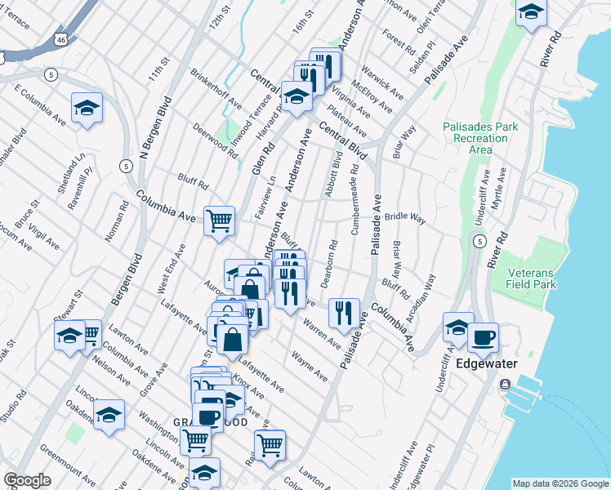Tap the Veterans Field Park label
pos(531,278)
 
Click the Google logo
pos(27,480)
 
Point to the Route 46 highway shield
pos(62,38)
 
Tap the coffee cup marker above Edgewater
pos(483,336)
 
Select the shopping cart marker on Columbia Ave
pos(219,220)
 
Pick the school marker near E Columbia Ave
pos(87,109)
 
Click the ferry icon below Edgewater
pos(506,384)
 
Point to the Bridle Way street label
pos(406,218)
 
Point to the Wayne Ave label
pos(310,367)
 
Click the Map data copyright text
pos(560,483)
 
